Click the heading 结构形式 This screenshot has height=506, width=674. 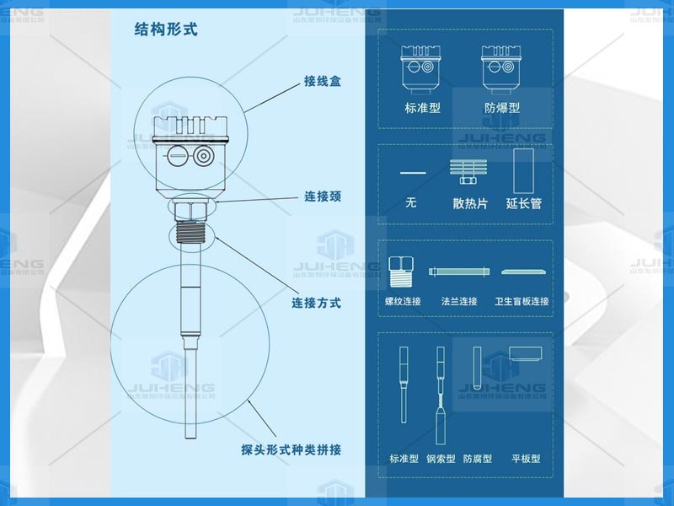[x=166, y=30]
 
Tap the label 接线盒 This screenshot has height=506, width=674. [x=323, y=83]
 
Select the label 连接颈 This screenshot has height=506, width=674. [x=323, y=197]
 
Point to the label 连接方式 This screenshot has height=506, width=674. [x=316, y=302]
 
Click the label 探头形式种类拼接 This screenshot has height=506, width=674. [x=291, y=450]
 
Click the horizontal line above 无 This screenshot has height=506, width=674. [x=413, y=173]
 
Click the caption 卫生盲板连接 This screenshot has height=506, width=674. [x=522, y=301]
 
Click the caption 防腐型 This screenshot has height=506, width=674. [x=477, y=459]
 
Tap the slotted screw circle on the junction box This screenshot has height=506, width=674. [x=178, y=156]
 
